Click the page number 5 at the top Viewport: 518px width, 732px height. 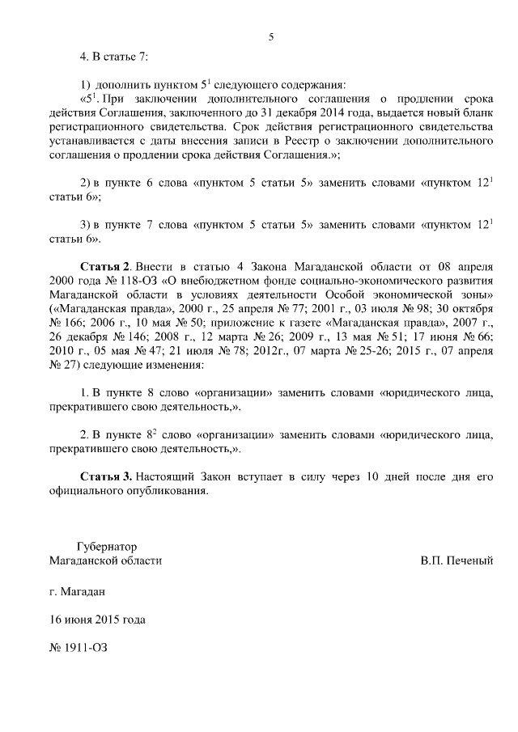pyautogui.click(x=271, y=36)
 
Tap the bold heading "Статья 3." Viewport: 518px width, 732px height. pyautogui.click(x=106, y=477)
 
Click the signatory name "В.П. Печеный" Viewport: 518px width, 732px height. pyautogui.click(x=456, y=560)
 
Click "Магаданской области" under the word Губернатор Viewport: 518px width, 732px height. pyautogui.click(x=105, y=560)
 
